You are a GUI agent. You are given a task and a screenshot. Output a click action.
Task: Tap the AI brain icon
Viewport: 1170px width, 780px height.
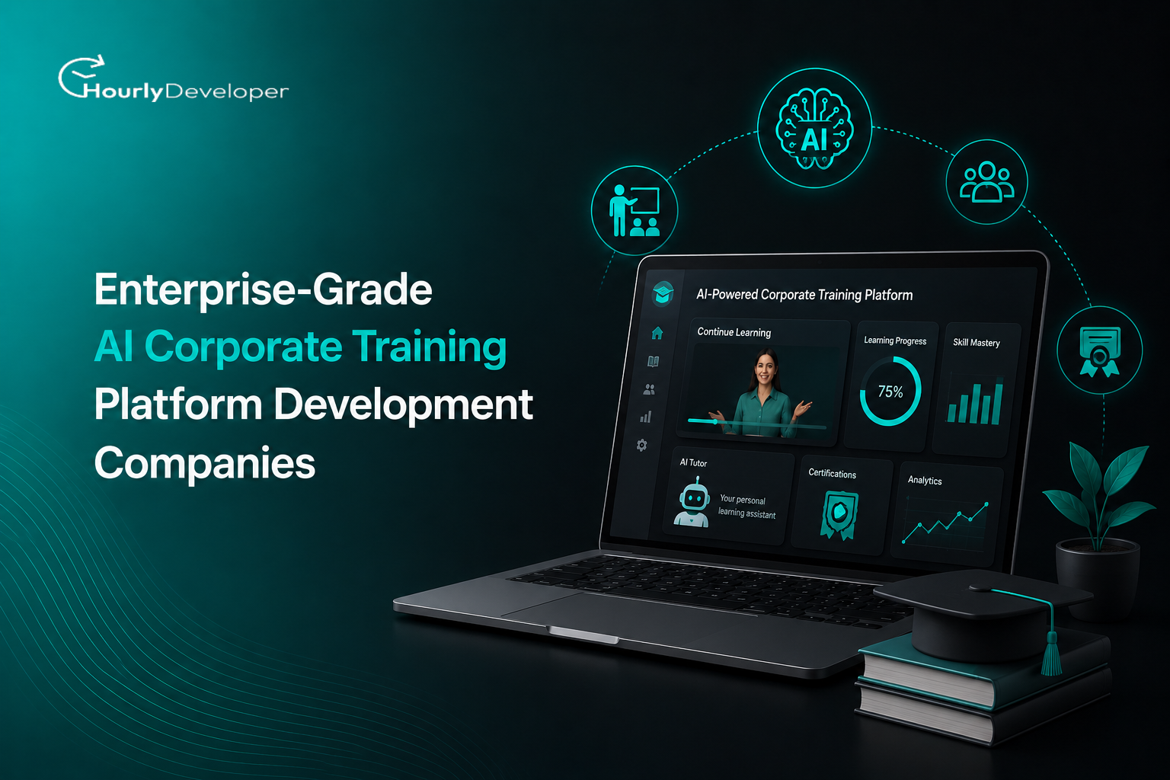(814, 129)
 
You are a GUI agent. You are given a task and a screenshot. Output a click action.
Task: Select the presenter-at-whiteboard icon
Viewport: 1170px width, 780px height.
(635, 210)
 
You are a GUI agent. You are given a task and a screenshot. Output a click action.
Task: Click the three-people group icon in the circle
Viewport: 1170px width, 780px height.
(986, 182)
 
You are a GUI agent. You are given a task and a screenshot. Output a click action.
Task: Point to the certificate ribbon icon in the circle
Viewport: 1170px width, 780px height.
(1099, 351)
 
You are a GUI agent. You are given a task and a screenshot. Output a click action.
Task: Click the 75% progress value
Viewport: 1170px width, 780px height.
(890, 392)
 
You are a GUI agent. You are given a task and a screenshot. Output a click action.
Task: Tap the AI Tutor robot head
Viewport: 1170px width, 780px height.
(694, 498)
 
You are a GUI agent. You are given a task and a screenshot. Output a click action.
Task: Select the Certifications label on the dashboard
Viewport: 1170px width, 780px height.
(832, 473)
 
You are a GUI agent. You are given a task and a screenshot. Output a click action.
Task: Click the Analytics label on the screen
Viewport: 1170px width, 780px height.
(925, 480)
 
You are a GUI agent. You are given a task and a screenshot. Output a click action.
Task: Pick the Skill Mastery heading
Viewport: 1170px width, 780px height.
(977, 343)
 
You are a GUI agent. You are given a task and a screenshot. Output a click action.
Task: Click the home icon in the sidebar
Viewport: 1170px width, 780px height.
(657, 333)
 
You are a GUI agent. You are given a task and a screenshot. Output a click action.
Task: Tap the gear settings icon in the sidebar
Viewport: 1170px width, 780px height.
(642, 445)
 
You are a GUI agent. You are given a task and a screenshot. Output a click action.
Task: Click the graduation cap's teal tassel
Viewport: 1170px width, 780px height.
(1051, 653)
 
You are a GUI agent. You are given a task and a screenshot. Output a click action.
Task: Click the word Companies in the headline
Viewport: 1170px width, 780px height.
(205, 463)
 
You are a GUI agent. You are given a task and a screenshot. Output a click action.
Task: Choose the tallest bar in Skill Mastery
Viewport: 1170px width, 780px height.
(997, 401)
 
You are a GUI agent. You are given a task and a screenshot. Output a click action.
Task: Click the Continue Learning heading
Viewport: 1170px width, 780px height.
(734, 332)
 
